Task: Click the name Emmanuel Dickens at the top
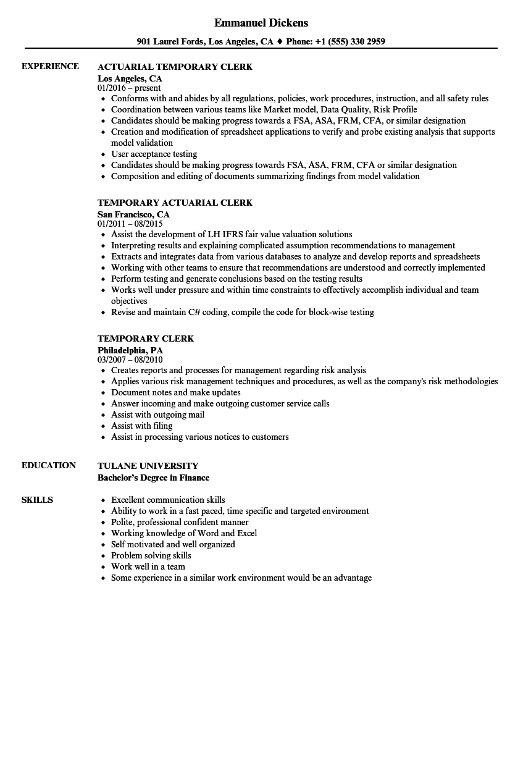click(x=261, y=23)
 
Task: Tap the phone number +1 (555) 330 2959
click(x=350, y=42)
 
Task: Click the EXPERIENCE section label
click(x=50, y=66)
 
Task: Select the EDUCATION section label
click(x=49, y=465)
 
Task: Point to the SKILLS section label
click(x=37, y=500)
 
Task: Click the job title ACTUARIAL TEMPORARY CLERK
click(x=175, y=67)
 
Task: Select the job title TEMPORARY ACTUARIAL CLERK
click(x=175, y=203)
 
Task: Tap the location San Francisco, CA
click(x=133, y=214)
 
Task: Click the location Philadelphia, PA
click(x=130, y=350)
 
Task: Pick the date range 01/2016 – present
click(x=129, y=88)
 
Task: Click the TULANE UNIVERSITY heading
click(x=148, y=466)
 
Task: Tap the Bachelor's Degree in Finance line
click(x=153, y=478)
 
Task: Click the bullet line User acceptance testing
click(x=154, y=154)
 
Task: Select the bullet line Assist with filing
click(x=141, y=426)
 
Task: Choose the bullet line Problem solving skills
click(x=151, y=555)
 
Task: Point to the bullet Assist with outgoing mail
click(x=157, y=415)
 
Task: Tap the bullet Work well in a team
click(x=148, y=566)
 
